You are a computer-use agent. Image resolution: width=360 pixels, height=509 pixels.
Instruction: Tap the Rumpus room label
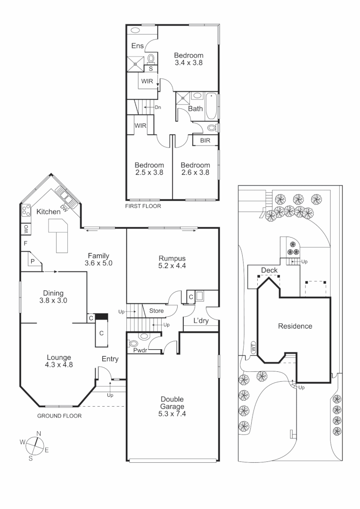click(x=172, y=258)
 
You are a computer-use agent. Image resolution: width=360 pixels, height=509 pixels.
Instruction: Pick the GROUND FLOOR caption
click(x=59, y=416)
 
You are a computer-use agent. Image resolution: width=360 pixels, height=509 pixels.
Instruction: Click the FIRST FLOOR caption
click(x=143, y=206)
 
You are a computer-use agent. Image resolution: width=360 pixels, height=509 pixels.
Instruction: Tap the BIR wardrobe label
click(x=205, y=140)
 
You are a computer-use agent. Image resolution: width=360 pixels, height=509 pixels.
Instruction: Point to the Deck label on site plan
click(x=269, y=270)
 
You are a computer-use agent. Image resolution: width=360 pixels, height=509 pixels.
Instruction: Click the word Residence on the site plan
click(x=295, y=326)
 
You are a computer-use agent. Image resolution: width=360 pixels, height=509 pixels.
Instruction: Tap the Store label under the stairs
click(x=156, y=311)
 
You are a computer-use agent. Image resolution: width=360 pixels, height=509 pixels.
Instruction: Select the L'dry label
click(x=201, y=322)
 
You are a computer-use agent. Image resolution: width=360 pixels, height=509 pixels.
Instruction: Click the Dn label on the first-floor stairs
click(x=158, y=107)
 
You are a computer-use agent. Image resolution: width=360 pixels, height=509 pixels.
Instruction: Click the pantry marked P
click(x=33, y=261)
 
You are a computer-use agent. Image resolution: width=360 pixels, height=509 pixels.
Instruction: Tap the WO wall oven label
click(x=24, y=230)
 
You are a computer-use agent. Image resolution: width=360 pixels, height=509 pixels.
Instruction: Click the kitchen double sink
click(x=64, y=194)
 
